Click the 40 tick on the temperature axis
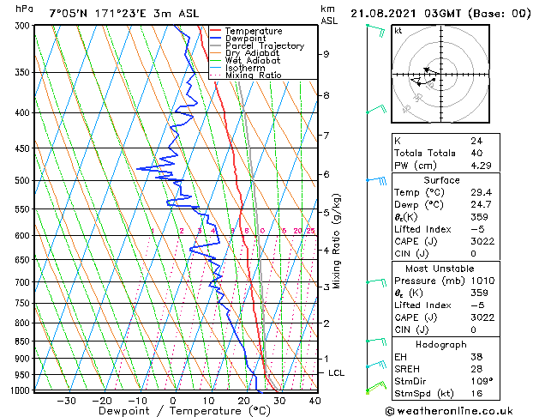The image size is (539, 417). [314, 400]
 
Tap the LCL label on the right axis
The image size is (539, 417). [337, 373]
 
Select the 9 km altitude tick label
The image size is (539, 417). [326, 54]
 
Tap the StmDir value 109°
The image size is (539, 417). [481, 380]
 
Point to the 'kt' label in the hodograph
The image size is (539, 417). [398, 31]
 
